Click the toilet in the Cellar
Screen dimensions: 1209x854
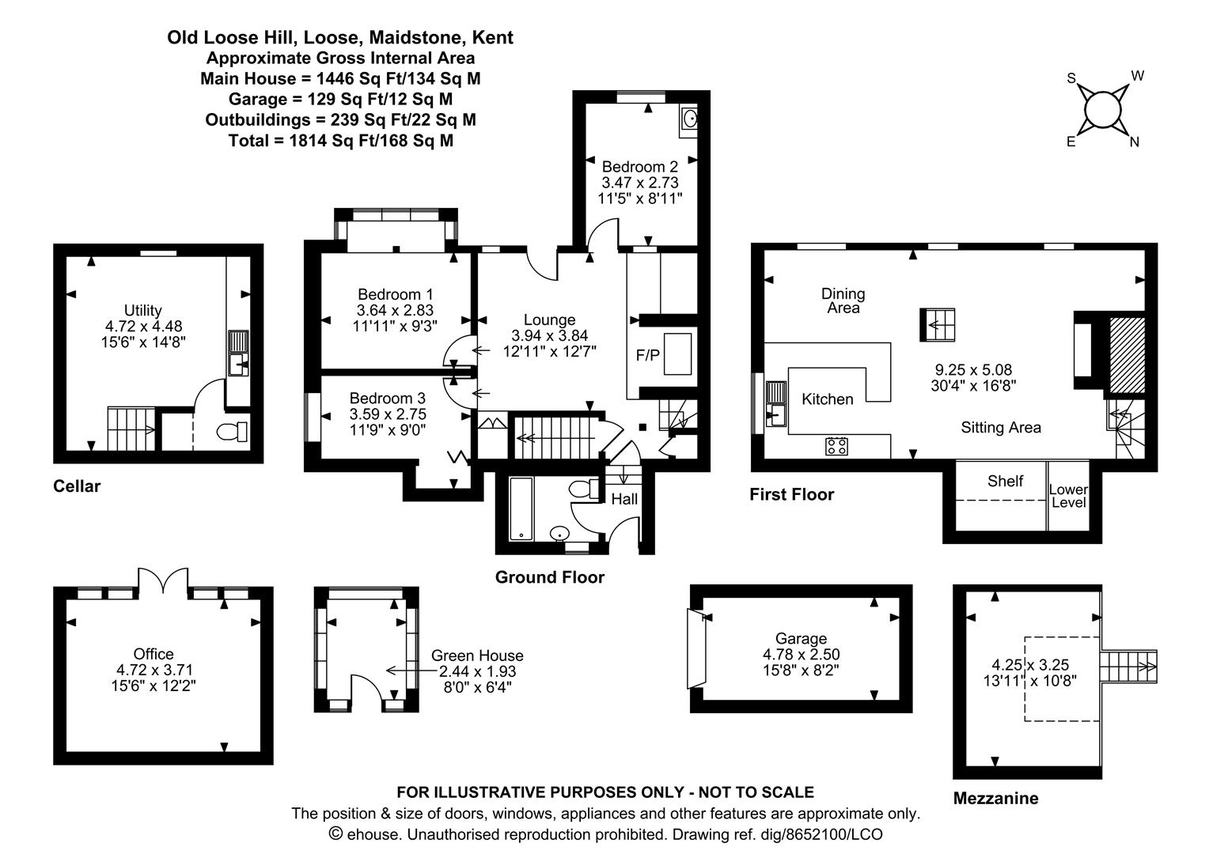click(232, 432)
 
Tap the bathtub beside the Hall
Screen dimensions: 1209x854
click(521, 508)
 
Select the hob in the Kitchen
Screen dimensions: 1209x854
click(836, 446)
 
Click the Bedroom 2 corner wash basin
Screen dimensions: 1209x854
click(689, 119)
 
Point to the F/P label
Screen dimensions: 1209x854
click(648, 355)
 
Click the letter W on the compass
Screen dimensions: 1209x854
click(1137, 76)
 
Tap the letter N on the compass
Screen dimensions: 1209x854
click(1134, 142)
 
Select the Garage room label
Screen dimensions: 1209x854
click(801, 639)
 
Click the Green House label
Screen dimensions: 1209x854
click(477, 656)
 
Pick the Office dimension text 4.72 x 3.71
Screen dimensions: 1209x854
click(153, 670)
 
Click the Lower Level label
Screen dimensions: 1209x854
click(1069, 496)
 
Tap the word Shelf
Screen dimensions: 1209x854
click(1005, 481)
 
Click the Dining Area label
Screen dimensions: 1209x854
click(843, 300)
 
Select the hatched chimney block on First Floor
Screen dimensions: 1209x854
click(1127, 355)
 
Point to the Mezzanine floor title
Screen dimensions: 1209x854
click(996, 798)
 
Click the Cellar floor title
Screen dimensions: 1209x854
click(77, 486)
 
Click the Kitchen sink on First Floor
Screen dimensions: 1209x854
click(776, 403)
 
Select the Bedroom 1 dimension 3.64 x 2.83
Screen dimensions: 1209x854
click(395, 310)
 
